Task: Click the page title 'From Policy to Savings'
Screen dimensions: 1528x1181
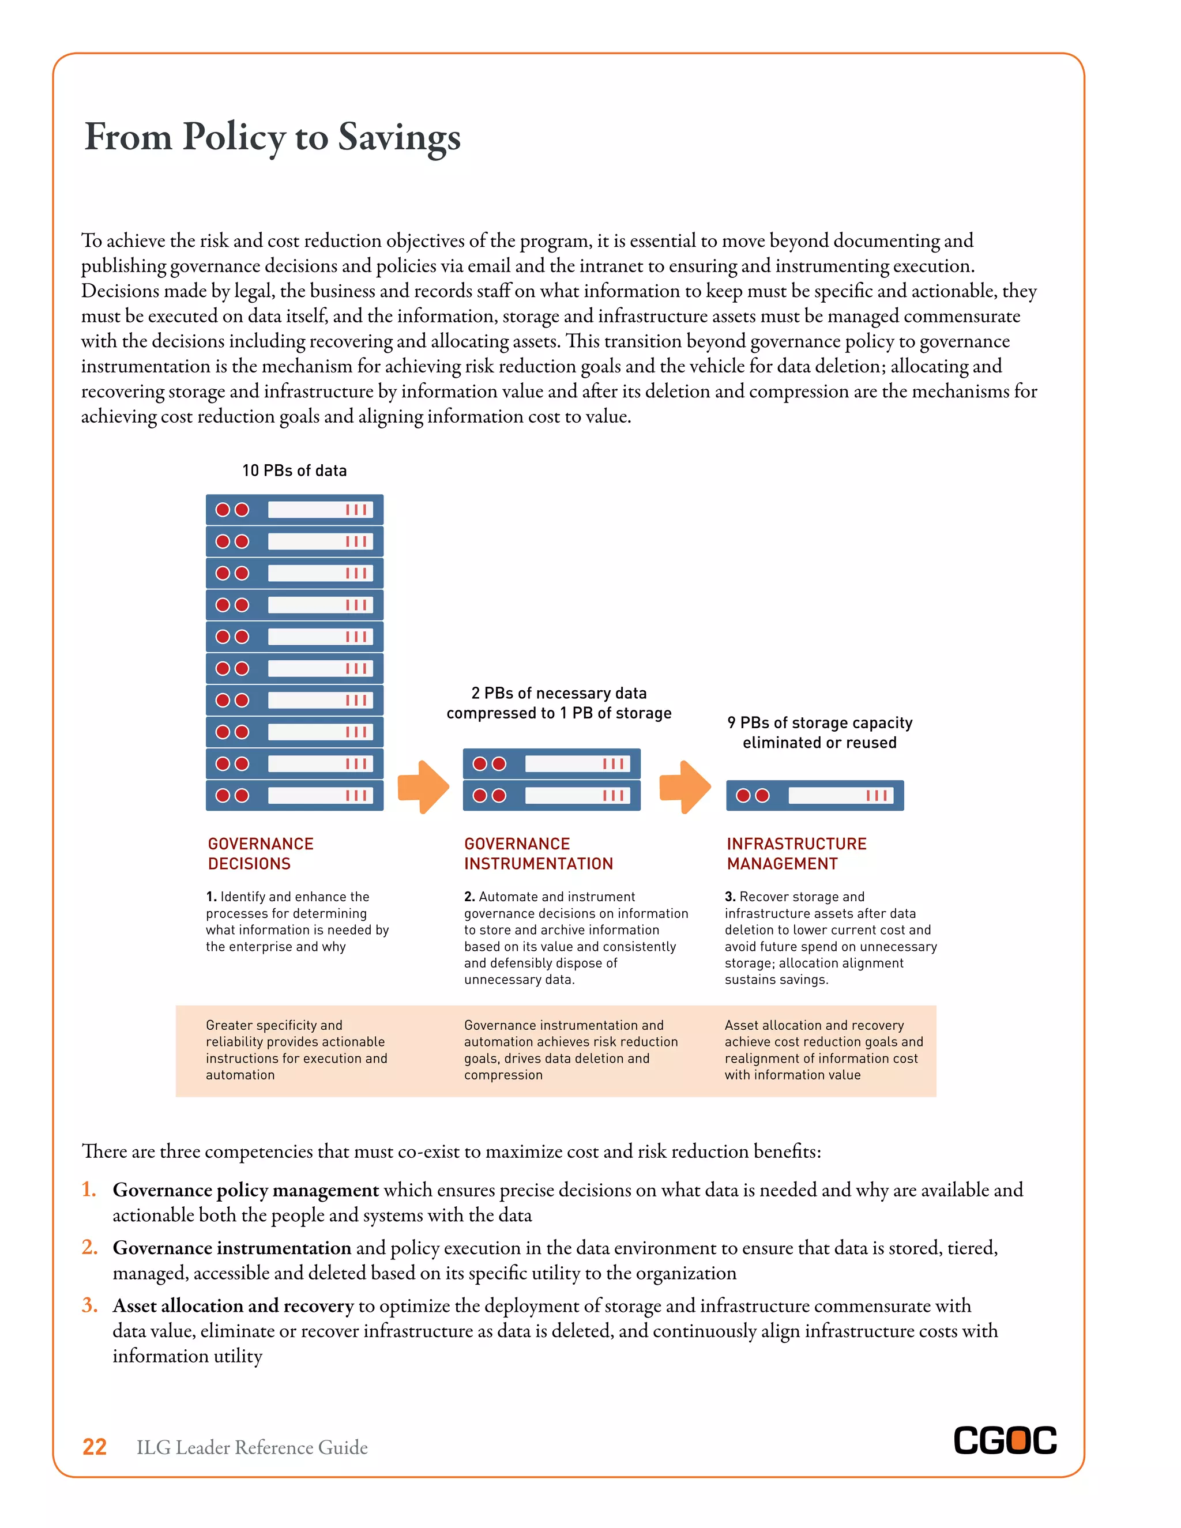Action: pos(272,137)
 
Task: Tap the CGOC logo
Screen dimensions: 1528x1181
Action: pos(1005,1442)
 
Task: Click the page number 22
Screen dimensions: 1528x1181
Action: pos(95,1447)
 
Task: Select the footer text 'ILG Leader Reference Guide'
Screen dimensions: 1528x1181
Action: pos(252,1447)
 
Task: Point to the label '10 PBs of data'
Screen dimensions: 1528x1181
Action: pos(294,471)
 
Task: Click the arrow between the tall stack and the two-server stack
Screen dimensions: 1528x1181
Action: pos(423,787)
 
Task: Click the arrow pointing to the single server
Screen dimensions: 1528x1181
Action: pos(685,787)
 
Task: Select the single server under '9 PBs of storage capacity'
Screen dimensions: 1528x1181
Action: pos(814,796)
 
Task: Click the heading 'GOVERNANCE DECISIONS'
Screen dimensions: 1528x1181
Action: pos(260,853)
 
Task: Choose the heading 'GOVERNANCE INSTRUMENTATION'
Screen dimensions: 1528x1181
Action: pos(538,853)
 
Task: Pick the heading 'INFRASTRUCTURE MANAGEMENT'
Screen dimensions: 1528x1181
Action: pos(796,853)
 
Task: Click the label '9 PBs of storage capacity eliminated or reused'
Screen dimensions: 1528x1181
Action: pos(819,732)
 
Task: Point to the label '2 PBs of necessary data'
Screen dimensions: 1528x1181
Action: pos(558,693)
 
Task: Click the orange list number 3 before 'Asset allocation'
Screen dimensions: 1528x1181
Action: pos(89,1305)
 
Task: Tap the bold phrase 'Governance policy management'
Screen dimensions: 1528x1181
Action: pos(246,1190)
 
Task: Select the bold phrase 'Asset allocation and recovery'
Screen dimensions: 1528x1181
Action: pos(233,1306)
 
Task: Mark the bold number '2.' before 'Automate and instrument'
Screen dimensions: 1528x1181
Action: pos(469,897)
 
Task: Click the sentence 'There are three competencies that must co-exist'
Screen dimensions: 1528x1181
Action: pos(452,1151)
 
